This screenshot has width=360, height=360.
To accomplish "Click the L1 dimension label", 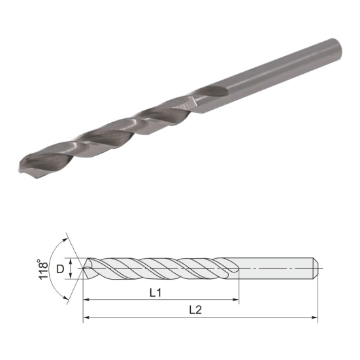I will pos(155,293).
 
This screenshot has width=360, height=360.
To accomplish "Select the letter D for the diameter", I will pos(60,268).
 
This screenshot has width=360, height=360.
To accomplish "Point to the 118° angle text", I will pos(43,269).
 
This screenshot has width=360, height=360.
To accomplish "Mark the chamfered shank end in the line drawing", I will pos(316,268).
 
